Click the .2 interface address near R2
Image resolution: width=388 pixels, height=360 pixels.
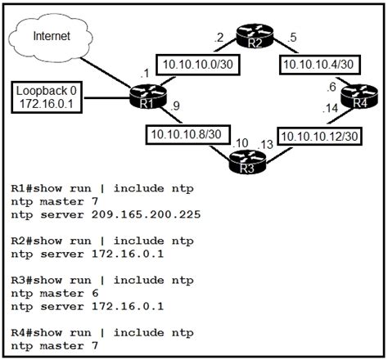pos(218,37)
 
